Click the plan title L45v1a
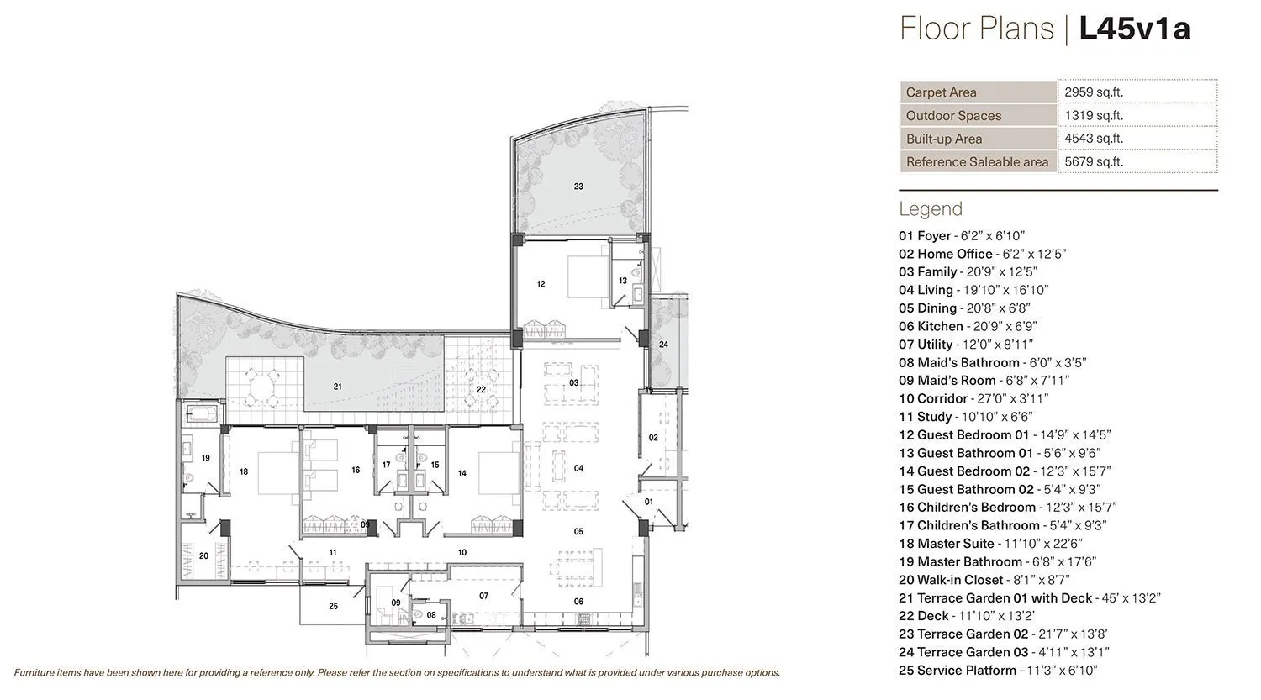coord(1134,29)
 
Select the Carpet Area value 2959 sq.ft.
coord(1094,92)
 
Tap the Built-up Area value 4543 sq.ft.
coord(1094,139)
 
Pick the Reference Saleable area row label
coord(977,162)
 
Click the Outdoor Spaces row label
coord(953,116)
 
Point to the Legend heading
coord(931,208)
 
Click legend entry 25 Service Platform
coord(998,671)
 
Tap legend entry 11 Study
coord(965,417)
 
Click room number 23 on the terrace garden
coord(578,187)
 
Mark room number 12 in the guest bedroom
coord(541,284)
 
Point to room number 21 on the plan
coord(337,387)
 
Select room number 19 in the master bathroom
coord(205,458)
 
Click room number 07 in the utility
coord(483,596)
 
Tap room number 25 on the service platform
coord(333,606)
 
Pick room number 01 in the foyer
coord(648,502)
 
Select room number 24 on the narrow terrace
coord(663,345)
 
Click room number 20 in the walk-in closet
coord(203,555)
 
